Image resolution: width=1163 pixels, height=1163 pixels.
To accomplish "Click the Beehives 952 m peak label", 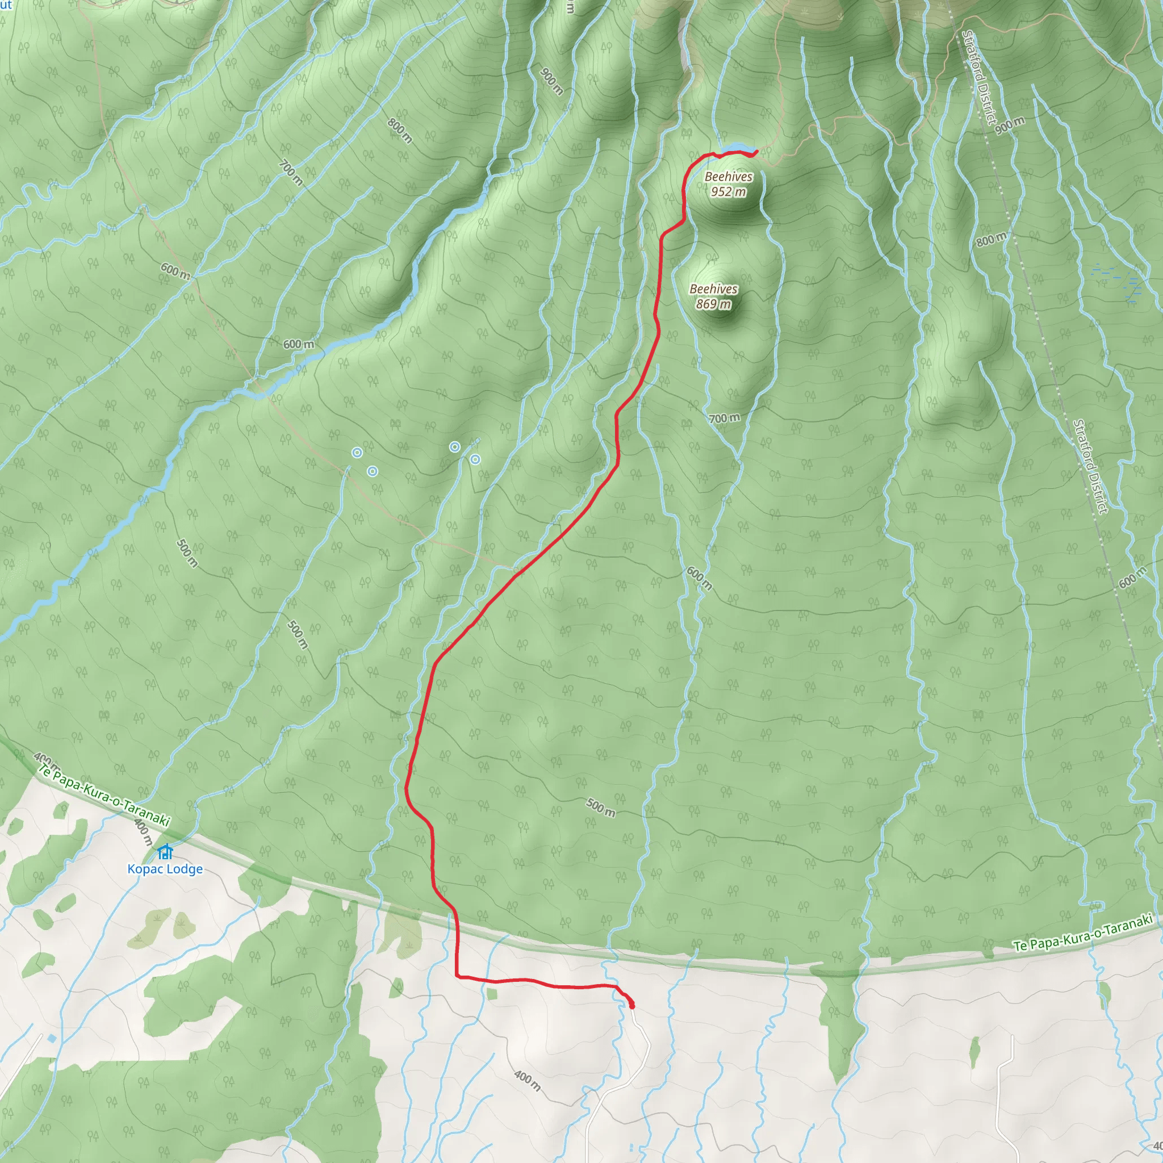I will pos(729,184).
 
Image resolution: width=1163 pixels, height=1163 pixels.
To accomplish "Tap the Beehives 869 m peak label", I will pos(713,297).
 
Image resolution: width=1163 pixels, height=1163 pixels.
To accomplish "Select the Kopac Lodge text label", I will pos(165,869).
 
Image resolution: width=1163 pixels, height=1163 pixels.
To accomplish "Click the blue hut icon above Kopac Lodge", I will pos(165,852).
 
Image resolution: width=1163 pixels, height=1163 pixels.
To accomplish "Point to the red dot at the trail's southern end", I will pos(631,1006).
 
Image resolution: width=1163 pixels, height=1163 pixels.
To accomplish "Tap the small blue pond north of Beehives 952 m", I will pos(735,148).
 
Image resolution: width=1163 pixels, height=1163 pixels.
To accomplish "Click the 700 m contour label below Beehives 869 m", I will pos(724,419).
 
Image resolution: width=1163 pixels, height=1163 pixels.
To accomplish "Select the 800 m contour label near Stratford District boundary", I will pos(991,240).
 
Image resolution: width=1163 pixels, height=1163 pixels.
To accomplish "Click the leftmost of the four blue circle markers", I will pos(357,453).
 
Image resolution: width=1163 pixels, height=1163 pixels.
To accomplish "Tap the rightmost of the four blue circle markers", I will pos(475,460).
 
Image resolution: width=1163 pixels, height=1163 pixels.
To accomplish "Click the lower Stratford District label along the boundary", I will pos(1090,467).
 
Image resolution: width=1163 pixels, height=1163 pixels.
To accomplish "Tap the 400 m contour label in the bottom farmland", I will pos(528,1081).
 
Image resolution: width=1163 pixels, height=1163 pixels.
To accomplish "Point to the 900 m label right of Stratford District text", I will pos(1010,125).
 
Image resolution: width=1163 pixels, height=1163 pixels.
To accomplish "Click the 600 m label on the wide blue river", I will pos(299,344).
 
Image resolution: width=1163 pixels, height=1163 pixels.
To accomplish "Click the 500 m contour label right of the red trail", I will pos(601,808).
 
